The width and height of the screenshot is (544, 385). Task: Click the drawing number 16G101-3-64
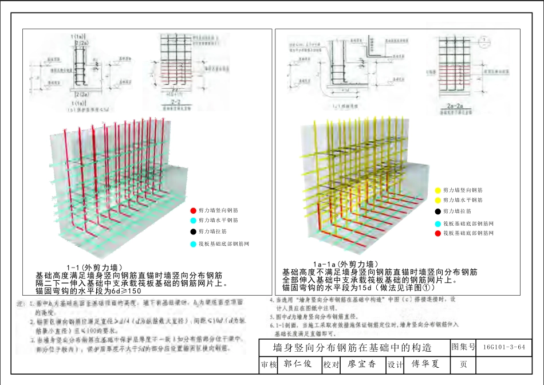click(x=504, y=347)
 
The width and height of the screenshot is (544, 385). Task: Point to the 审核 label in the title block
click(x=269, y=364)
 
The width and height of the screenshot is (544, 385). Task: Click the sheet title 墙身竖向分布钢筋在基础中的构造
click(x=352, y=348)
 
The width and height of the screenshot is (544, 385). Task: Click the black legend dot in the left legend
click(x=194, y=231)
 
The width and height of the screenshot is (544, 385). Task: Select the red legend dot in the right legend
click(x=438, y=233)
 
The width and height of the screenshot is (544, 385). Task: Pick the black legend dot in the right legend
click(x=438, y=211)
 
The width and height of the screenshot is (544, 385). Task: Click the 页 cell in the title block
click(x=463, y=364)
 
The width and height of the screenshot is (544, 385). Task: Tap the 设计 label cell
click(x=396, y=364)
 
